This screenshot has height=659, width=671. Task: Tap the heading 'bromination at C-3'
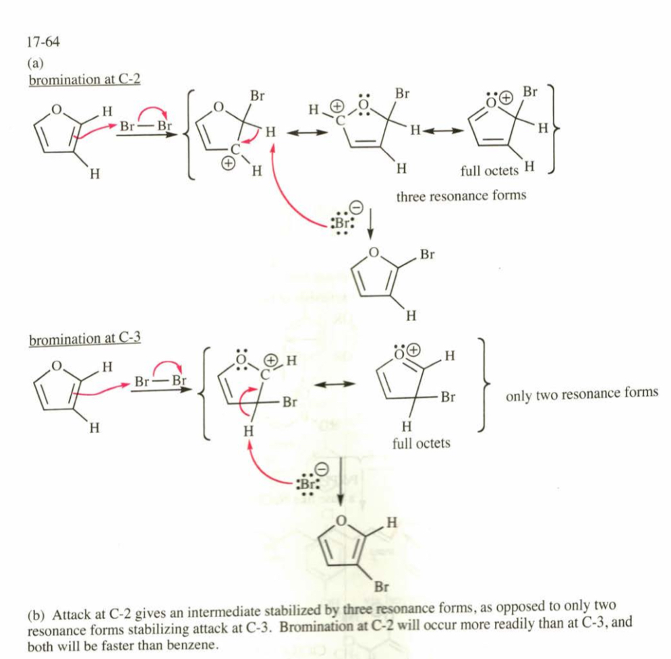[84, 337]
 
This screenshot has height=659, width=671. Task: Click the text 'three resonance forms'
[461, 196]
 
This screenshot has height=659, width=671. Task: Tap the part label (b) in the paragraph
[36, 615]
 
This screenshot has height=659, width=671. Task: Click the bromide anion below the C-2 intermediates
[344, 223]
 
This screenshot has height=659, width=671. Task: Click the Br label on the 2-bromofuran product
[427, 255]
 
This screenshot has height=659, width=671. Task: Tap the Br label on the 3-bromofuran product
[380, 587]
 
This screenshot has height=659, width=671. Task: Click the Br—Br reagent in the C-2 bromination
[145, 126]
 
